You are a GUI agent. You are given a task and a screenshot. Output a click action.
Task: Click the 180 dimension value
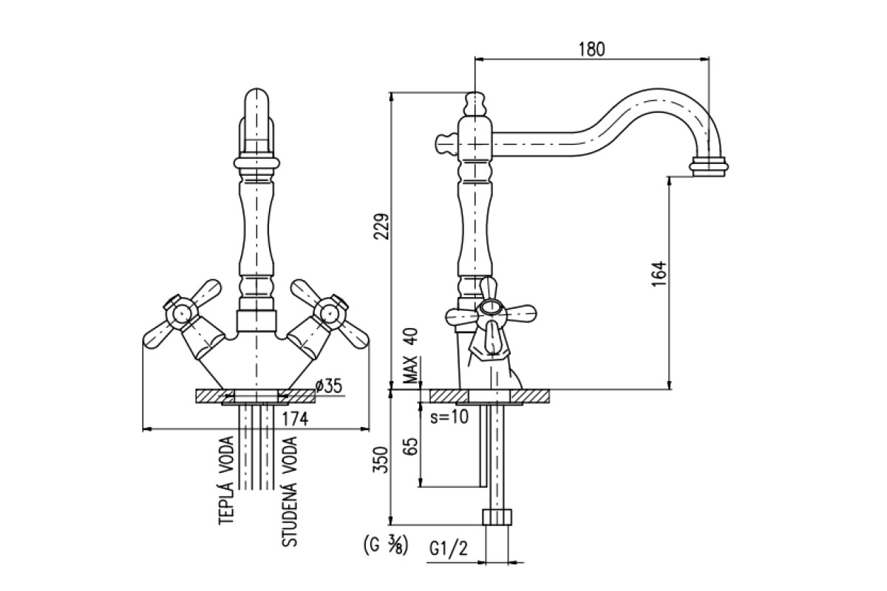pyautogui.click(x=591, y=49)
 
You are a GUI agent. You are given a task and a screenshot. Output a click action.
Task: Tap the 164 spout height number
pyautogui.click(x=659, y=274)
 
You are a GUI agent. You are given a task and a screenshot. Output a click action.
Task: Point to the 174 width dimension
pyautogui.click(x=295, y=418)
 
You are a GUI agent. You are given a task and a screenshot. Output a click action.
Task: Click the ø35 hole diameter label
pyautogui.click(x=328, y=386)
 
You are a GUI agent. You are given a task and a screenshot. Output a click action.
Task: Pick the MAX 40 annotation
pyautogui.click(x=411, y=355)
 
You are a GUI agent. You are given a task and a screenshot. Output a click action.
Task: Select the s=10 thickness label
pyautogui.click(x=449, y=417)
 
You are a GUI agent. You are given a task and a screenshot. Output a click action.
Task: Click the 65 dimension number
pyautogui.click(x=412, y=446)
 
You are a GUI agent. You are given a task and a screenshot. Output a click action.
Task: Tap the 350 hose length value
pyautogui.click(x=380, y=460)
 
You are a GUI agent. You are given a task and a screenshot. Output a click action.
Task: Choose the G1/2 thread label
pyautogui.click(x=449, y=549)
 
